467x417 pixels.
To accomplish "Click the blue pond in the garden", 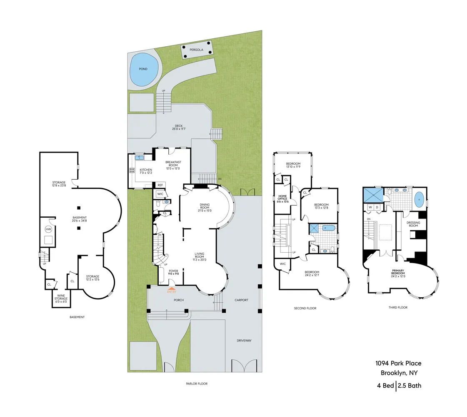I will click(x=144, y=70).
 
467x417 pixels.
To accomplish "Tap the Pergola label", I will click(x=196, y=49).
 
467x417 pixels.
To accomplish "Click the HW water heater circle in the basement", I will click(x=48, y=229).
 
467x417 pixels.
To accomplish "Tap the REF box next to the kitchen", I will click(x=160, y=185).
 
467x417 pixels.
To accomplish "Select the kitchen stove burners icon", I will click(x=132, y=170).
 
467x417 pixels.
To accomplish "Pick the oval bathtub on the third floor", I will click(x=419, y=200).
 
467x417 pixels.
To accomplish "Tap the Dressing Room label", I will click(x=413, y=224).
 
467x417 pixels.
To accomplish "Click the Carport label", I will click(x=241, y=300).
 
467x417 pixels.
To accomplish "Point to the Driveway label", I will click(x=245, y=340).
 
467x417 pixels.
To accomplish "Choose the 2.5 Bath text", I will click(x=410, y=385).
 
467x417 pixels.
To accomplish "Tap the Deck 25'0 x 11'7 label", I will click(x=179, y=127).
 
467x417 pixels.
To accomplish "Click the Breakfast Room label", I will click(x=172, y=164).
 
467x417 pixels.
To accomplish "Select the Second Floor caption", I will click(x=305, y=308).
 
